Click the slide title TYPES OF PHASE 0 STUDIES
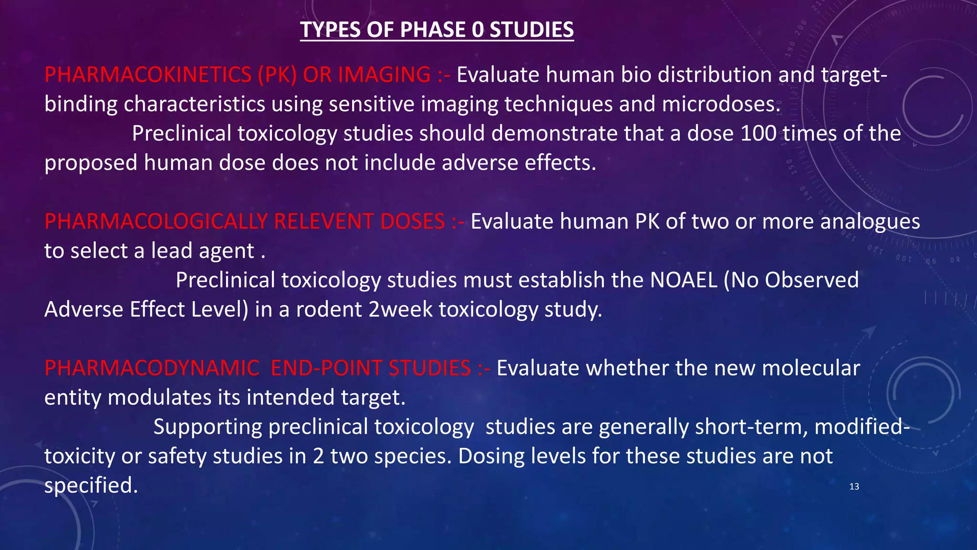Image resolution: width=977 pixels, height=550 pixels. (x=437, y=30)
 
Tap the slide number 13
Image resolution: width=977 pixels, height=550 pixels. (x=854, y=487)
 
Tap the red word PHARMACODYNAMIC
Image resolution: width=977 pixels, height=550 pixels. (x=152, y=368)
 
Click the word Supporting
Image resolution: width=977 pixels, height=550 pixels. (x=208, y=427)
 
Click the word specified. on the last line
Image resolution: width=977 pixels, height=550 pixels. (x=91, y=486)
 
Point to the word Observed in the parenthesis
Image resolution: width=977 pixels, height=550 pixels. (x=811, y=280)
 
